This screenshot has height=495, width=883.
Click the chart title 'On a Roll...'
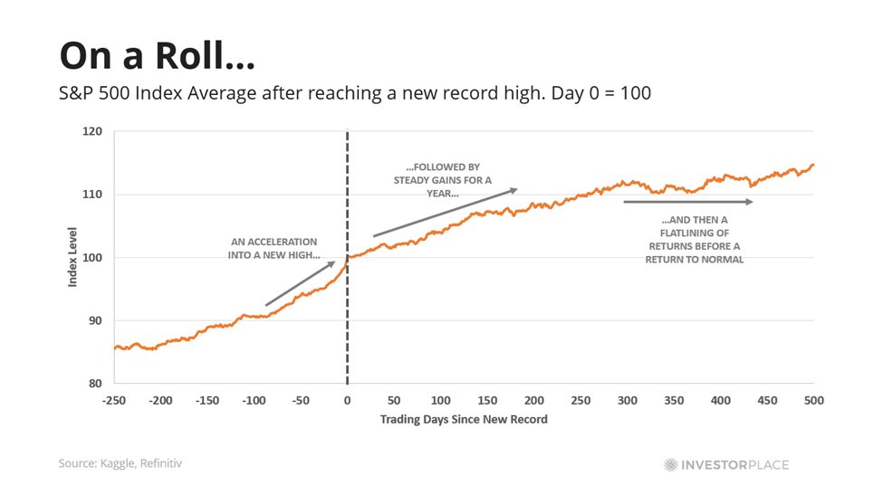[157, 56]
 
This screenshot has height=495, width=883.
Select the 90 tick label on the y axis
[94, 320]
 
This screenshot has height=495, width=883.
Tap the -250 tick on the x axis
[114, 399]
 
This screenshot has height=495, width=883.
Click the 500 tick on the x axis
[814, 399]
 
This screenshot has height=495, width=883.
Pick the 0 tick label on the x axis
[347, 399]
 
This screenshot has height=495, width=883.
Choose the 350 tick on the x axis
[674, 399]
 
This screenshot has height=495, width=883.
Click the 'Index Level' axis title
[72, 258]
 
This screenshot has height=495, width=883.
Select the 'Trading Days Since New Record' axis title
[464, 419]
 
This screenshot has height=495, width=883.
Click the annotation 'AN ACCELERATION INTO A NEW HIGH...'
[274, 249]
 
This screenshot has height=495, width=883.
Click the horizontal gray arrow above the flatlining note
[688, 202]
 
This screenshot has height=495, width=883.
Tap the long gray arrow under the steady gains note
[445, 213]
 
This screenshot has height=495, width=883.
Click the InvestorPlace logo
[726, 465]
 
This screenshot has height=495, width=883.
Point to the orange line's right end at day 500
[813, 165]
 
